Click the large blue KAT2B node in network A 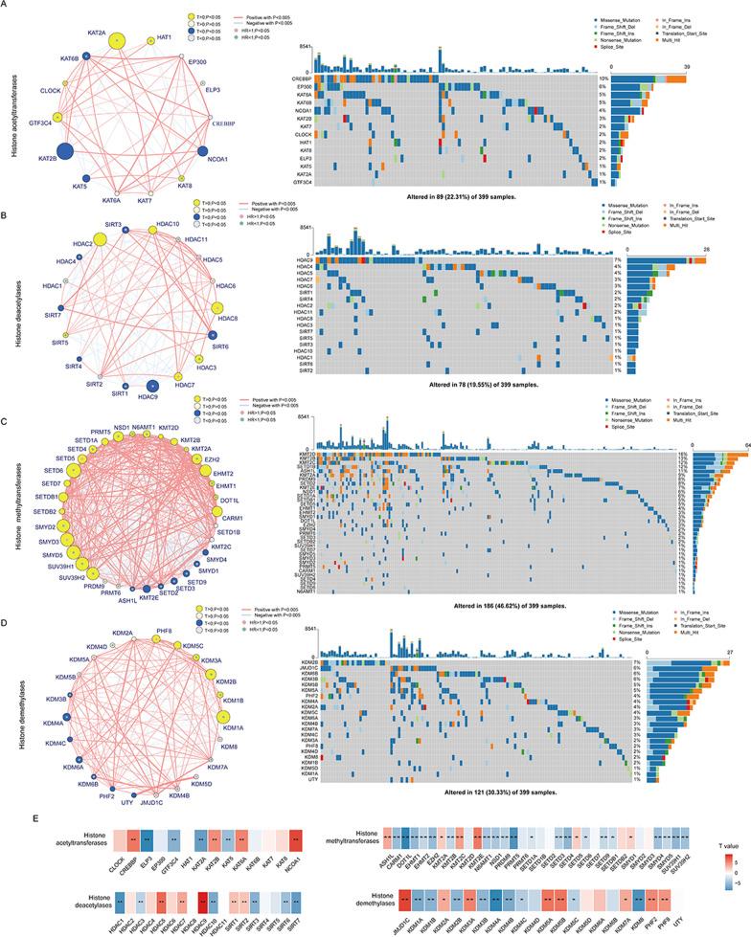tap(64, 151)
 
